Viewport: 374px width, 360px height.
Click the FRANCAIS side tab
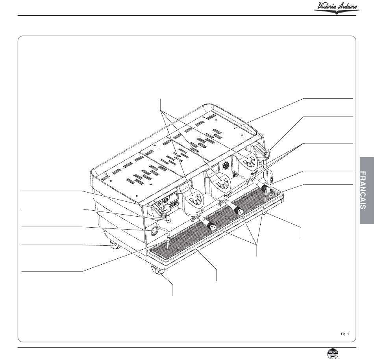[367, 190]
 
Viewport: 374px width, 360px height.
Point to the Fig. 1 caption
[345, 334]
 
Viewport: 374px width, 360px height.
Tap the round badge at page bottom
[333, 353]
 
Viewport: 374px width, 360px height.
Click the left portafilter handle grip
[212, 226]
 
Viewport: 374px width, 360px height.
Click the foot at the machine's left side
[114, 245]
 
